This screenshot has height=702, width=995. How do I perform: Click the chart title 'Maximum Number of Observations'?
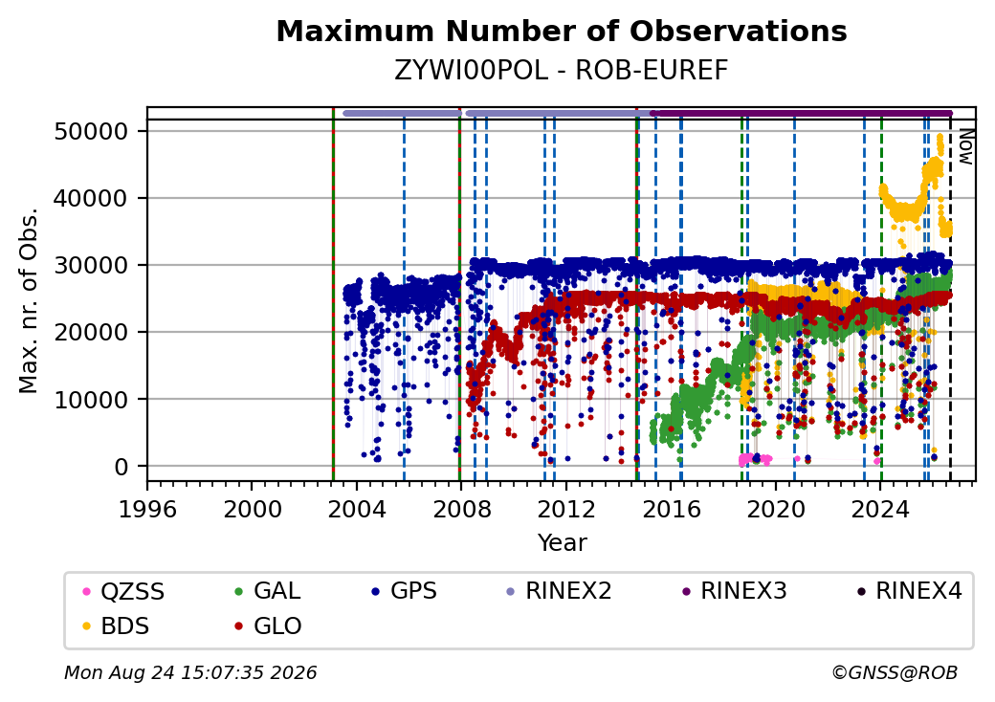click(x=562, y=31)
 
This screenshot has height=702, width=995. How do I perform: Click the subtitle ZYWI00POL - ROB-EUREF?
click(x=562, y=71)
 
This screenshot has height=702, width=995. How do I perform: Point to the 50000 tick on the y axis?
click(x=92, y=132)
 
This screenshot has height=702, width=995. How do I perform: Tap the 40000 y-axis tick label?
click(x=92, y=199)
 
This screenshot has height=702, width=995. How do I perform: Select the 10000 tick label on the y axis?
click(x=92, y=400)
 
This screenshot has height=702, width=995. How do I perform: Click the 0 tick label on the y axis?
click(x=122, y=467)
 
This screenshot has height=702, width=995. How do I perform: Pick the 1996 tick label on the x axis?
click(x=148, y=509)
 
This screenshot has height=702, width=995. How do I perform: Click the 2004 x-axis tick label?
click(x=357, y=509)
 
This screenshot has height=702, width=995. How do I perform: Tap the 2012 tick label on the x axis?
click(x=566, y=509)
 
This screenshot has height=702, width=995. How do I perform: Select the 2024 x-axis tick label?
click(x=880, y=509)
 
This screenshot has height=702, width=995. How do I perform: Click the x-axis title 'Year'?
click(x=563, y=543)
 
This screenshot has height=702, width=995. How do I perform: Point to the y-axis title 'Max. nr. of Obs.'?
click(x=28, y=300)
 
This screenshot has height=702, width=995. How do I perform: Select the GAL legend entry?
click(x=268, y=591)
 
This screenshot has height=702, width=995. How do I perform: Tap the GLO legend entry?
click(x=268, y=626)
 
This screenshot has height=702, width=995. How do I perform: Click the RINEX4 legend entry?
click(x=910, y=591)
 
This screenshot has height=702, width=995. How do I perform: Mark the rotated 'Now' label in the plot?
click(x=965, y=147)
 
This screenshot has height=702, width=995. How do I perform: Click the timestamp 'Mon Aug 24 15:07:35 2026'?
click(x=190, y=672)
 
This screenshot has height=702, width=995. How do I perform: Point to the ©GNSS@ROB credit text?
click(x=895, y=672)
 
